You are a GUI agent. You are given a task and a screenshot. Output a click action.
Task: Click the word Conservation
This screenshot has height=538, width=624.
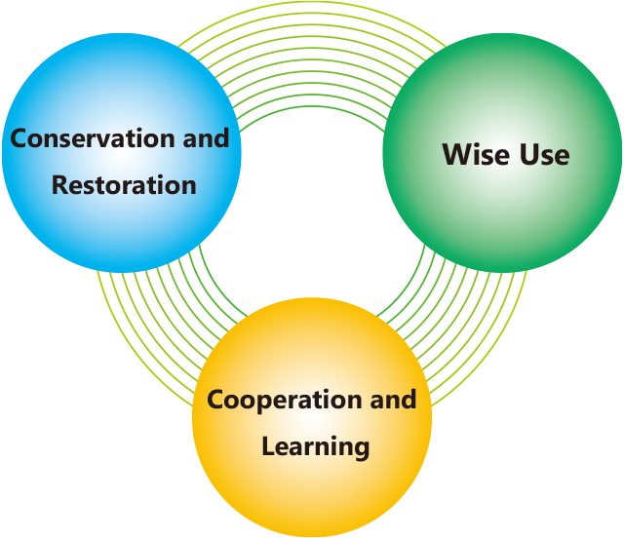click(93, 138)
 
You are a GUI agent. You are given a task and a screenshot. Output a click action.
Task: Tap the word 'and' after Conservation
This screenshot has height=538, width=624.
click(206, 137)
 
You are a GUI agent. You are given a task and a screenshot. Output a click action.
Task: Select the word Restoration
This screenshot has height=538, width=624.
click(124, 185)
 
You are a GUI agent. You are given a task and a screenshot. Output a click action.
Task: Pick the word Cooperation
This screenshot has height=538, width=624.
click(284, 400)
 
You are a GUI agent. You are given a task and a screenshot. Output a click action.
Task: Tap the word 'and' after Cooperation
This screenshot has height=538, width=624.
click(393, 400)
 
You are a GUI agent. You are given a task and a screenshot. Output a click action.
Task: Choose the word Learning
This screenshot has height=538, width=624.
click(316, 447)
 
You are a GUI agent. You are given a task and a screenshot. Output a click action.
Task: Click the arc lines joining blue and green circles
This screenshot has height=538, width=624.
click(312, 48)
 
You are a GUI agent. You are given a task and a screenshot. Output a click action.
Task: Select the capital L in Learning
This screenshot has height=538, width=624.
click(269, 445)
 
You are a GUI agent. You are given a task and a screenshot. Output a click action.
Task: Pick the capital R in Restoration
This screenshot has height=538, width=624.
click(60, 185)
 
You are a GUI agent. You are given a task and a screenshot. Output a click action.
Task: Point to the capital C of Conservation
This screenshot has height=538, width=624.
click(19, 138)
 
